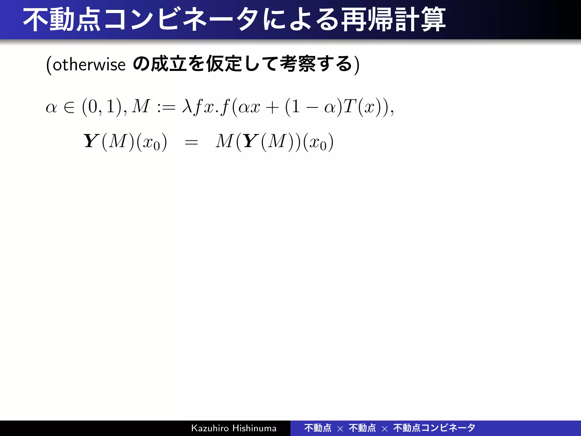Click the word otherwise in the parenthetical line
click(89, 65)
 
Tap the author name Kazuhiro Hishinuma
click(233, 428)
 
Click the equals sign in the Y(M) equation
click(191, 142)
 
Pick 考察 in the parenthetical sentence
click(298, 64)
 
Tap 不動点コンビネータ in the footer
click(434, 428)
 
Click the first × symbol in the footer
click(340, 429)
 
